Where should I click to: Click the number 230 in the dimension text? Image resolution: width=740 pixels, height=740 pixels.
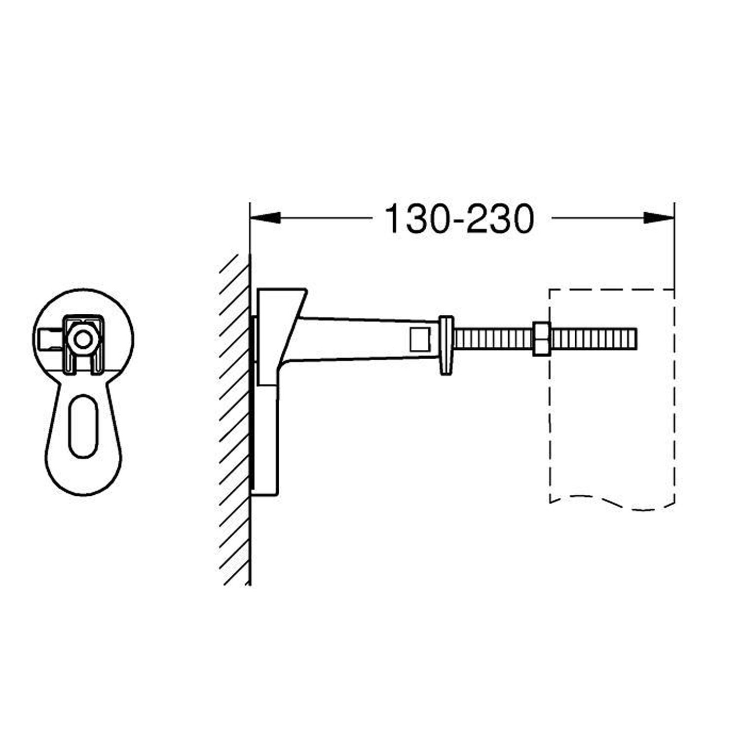tap(500, 219)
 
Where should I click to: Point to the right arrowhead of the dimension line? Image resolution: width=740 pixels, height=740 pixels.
tap(659, 218)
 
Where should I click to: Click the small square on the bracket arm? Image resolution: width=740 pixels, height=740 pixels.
tap(420, 340)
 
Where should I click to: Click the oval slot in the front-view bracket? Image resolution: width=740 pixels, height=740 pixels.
tap(83, 426)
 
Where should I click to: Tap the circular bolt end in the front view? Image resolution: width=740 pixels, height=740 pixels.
tap(83, 339)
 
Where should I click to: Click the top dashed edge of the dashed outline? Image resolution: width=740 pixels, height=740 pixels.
tap(612, 290)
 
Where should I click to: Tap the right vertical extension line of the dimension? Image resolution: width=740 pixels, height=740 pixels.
tap(674, 247)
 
